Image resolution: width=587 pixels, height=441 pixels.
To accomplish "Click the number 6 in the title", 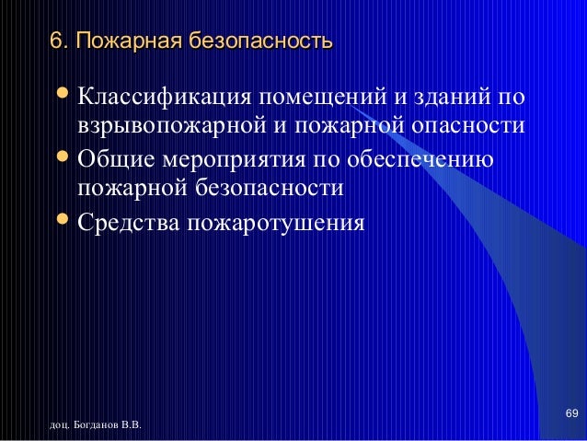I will [54, 41].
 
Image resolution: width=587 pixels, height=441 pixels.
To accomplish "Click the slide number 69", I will [570, 410].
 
